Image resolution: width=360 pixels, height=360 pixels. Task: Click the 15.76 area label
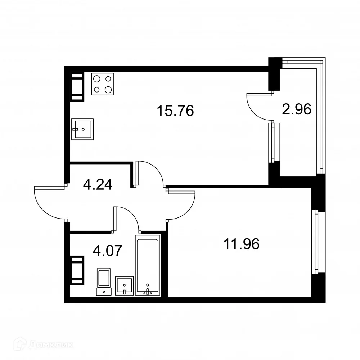(x=175, y=111)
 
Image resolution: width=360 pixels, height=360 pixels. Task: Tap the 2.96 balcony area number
(x=296, y=109)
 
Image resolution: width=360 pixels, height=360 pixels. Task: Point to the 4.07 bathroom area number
(x=107, y=250)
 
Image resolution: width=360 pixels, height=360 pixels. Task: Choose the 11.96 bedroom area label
(x=242, y=244)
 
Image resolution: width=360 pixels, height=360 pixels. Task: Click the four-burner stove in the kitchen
(x=103, y=84)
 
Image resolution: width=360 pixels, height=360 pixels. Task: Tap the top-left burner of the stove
(x=97, y=78)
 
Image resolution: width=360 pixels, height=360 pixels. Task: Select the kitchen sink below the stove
(x=82, y=129)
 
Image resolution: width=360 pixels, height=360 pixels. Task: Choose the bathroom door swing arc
(x=127, y=218)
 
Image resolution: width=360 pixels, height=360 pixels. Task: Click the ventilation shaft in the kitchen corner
(x=77, y=87)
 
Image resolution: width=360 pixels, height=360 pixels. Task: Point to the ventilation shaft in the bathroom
(x=77, y=270)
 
